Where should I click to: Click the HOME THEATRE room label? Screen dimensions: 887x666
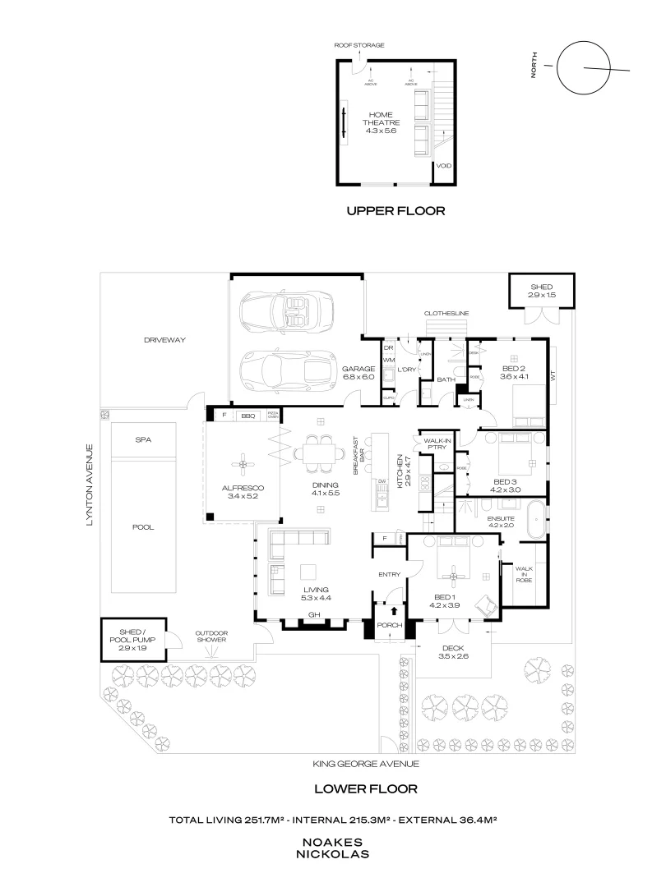click(381, 122)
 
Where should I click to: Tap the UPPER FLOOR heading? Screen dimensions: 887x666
click(395, 211)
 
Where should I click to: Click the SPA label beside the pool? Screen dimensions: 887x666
click(143, 439)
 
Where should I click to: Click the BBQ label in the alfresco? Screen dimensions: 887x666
click(247, 416)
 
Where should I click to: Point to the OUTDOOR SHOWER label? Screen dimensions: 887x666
click(210, 637)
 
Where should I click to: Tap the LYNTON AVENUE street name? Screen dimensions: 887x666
click(92, 485)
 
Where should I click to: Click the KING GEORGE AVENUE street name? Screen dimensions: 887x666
click(366, 764)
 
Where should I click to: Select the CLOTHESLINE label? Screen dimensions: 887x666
click(446, 314)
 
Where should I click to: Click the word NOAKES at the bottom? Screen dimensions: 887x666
click(335, 843)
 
